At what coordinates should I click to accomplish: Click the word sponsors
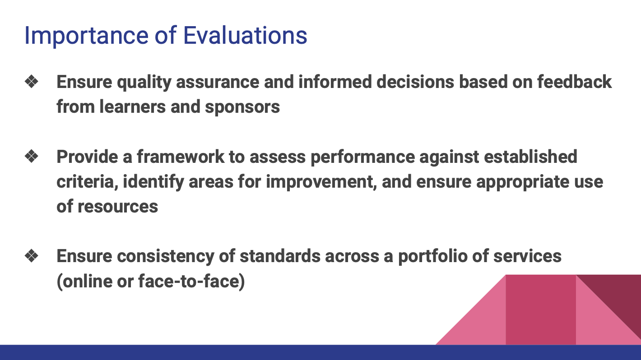tap(242, 107)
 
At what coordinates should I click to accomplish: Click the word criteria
tap(86, 181)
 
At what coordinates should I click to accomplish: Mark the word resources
tap(117, 206)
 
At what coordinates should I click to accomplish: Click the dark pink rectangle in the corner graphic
tap(540, 311)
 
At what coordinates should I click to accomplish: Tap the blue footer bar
tap(320, 352)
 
